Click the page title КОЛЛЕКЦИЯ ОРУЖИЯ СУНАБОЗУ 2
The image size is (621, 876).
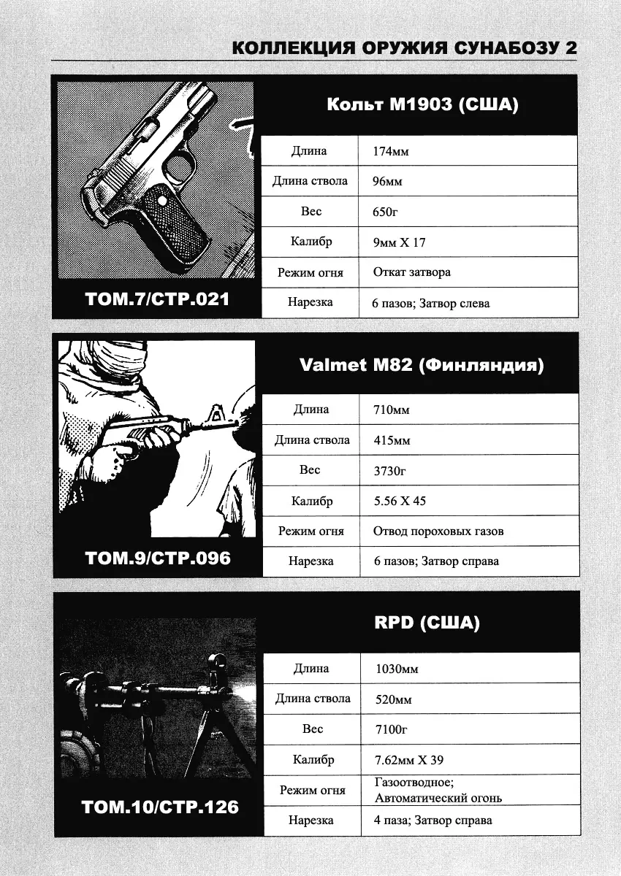(x=404, y=48)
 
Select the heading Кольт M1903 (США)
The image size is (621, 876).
(x=422, y=105)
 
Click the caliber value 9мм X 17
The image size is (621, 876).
(x=399, y=242)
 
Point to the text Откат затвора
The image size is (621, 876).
(x=411, y=272)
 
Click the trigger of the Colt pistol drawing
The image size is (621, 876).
(x=175, y=173)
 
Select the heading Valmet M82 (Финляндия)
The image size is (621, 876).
(x=422, y=365)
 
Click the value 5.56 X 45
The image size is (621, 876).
(x=399, y=502)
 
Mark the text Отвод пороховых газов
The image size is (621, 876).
(x=438, y=531)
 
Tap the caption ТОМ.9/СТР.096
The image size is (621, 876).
(x=157, y=558)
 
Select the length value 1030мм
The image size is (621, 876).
(x=397, y=669)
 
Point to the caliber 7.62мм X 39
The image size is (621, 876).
(x=409, y=760)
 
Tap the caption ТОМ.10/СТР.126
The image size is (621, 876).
(x=160, y=807)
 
